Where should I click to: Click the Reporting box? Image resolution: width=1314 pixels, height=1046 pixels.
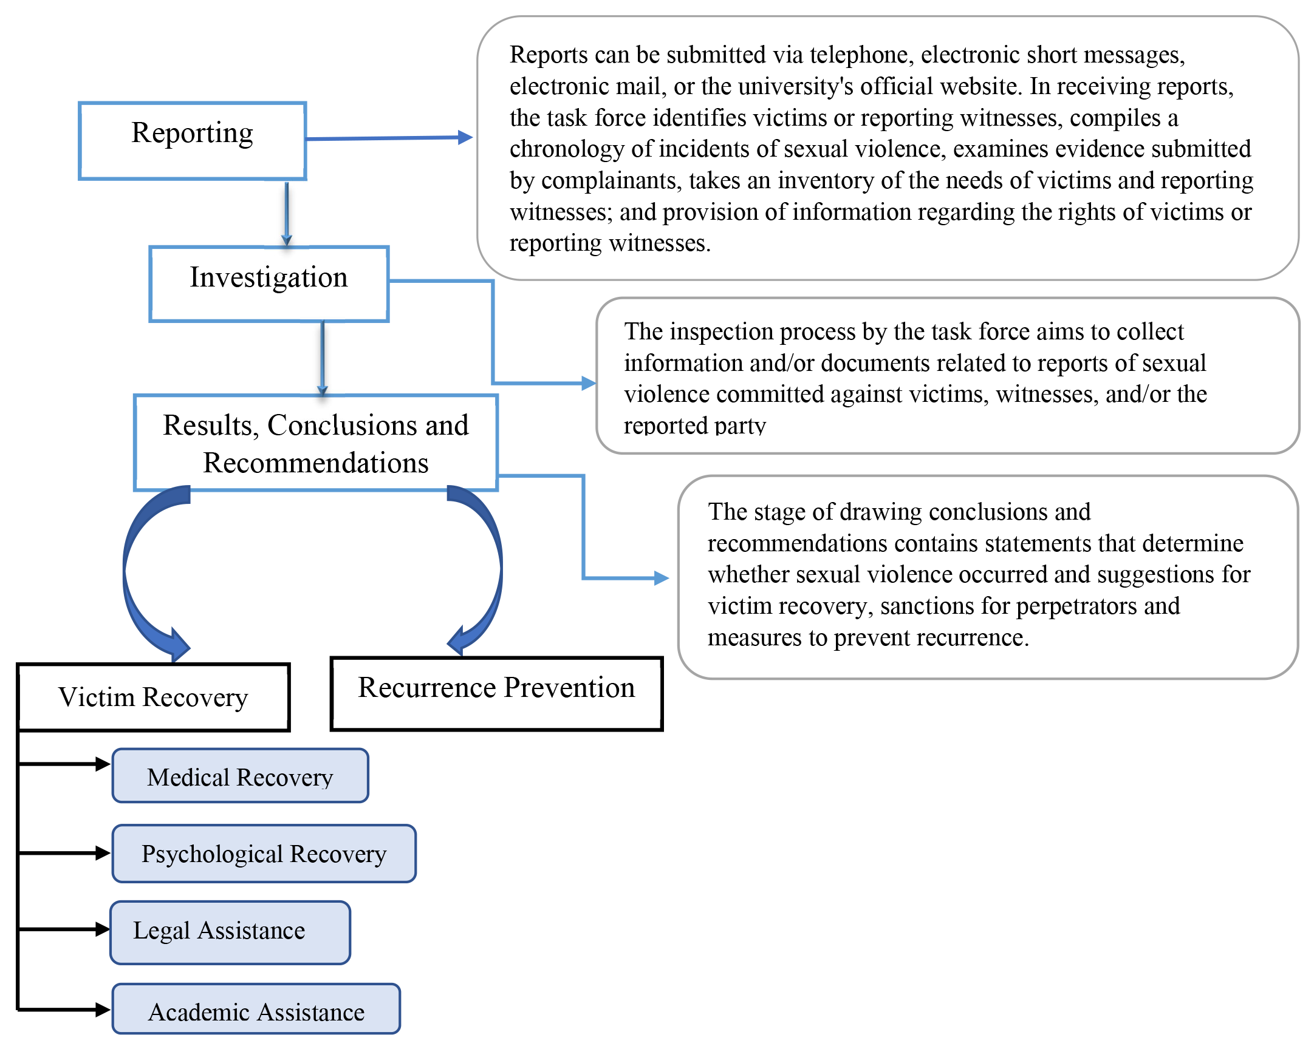tap(193, 141)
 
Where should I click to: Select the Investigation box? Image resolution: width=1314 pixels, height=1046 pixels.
tap(269, 284)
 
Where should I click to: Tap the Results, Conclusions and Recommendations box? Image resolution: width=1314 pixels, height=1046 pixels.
tap(316, 443)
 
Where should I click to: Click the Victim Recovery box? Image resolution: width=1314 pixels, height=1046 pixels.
tap(153, 697)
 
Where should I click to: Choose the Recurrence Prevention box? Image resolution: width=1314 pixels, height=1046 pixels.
tap(496, 693)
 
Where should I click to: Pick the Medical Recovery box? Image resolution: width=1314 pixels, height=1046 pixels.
tap(240, 775)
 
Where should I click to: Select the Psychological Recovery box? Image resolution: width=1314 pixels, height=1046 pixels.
tap(264, 853)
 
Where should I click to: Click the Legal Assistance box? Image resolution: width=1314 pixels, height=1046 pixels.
tap(230, 932)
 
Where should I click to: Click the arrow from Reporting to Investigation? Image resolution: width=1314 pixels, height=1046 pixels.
tap(287, 213)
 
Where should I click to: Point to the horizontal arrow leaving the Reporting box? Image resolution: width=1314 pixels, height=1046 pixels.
tap(389, 138)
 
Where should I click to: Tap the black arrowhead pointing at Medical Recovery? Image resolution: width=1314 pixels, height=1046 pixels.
tap(103, 763)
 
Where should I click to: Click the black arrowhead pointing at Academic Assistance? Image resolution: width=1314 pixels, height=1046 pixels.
tap(103, 1010)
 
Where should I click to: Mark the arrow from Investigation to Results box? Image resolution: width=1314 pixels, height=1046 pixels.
tap(323, 358)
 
